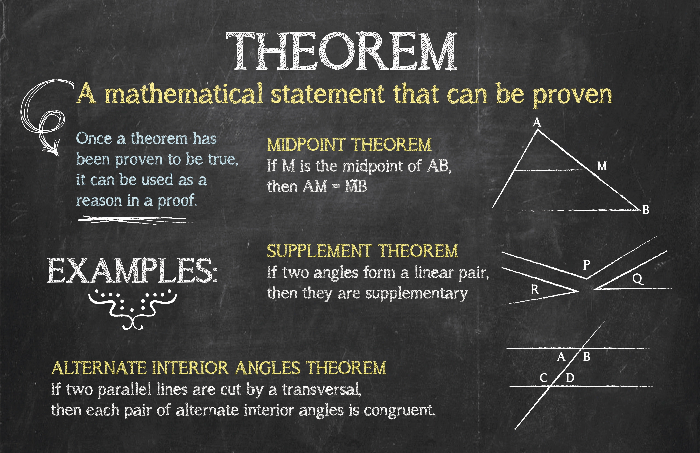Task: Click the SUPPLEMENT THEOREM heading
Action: click(x=362, y=251)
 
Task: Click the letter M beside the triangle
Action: click(x=602, y=166)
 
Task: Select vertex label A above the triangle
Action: click(x=537, y=122)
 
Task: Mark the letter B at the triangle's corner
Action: click(x=646, y=210)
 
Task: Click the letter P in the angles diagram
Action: click(x=586, y=265)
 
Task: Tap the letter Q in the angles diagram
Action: click(x=637, y=279)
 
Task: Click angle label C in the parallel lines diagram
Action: click(x=544, y=378)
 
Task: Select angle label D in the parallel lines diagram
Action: click(x=570, y=378)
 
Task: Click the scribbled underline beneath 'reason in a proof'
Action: click(x=132, y=219)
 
